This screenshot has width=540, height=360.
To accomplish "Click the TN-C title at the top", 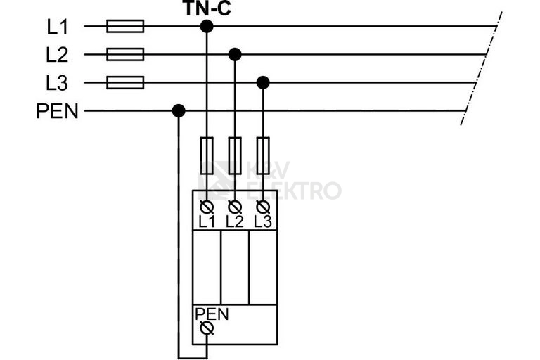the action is pyautogui.click(x=207, y=8).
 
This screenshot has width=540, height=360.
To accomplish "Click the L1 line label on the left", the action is pyautogui.click(x=58, y=27).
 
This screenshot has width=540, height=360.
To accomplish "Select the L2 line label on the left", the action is pyautogui.click(x=57, y=55).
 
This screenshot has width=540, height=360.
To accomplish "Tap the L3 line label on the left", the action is pyautogui.click(x=57, y=83).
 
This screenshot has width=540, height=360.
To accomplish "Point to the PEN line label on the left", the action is pyautogui.click(x=58, y=111).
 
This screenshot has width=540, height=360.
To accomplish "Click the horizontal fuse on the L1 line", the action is pyautogui.click(x=125, y=26).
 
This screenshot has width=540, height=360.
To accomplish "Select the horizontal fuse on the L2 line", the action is pyautogui.click(x=125, y=54).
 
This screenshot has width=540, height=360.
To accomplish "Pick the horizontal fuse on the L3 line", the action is pyautogui.click(x=125, y=83).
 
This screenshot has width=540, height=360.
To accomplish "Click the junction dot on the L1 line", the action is pyautogui.click(x=207, y=26).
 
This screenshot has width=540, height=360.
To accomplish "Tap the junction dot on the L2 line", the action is pyautogui.click(x=235, y=54).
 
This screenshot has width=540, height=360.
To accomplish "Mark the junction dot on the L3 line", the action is pyautogui.click(x=263, y=83).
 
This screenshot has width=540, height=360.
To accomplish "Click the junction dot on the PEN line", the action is pyautogui.click(x=179, y=111).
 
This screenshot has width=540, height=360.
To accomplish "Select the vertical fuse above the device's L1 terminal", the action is pyautogui.click(x=207, y=155).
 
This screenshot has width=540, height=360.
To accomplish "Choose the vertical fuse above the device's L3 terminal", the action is pyautogui.click(x=263, y=155).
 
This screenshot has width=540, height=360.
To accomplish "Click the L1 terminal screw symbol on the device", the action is pyautogui.click(x=207, y=207).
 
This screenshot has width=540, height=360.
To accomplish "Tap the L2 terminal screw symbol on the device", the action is pyautogui.click(x=235, y=207).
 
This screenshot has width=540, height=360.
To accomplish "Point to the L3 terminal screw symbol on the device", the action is pyautogui.click(x=263, y=207).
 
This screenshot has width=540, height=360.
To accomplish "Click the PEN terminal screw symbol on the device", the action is pyautogui.click(x=207, y=328).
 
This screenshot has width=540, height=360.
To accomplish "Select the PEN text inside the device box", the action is pyautogui.click(x=212, y=314).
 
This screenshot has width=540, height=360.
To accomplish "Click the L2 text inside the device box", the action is pyautogui.click(x=235, y=222).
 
